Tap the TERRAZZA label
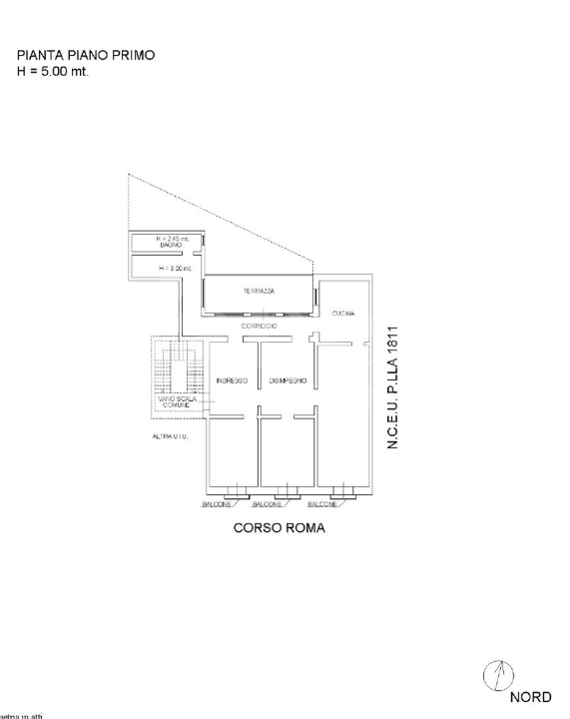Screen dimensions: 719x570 [x=259, y=292]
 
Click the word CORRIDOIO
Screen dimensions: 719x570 [x=259, y=328]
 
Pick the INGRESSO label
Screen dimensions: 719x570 [x=232, y=380]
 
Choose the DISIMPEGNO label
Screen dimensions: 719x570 [x=286, y=380]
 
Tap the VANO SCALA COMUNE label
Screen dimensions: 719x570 [x=178, y=402]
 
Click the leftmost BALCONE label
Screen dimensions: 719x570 [x=219, y=504]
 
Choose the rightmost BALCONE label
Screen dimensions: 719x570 [x=324, y=504]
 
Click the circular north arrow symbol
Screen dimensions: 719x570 [x=497, y=677]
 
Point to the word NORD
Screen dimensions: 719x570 [x=530, y=697]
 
